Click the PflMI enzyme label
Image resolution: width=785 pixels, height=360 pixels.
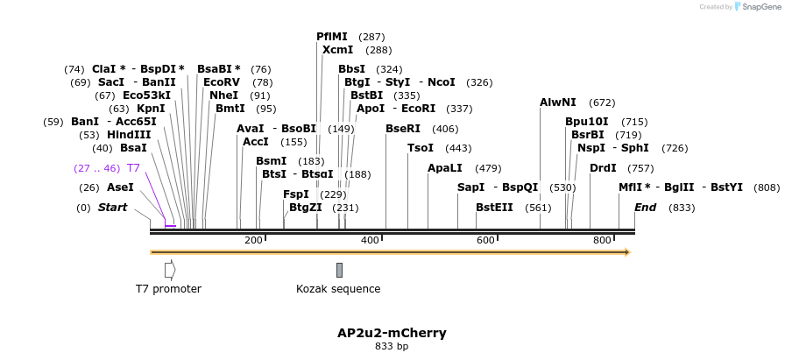(333, 37)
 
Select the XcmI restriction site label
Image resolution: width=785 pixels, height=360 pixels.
(337, 50)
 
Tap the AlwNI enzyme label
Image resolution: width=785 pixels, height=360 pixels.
(558, 102)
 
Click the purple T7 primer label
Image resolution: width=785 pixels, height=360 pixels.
(133, 167)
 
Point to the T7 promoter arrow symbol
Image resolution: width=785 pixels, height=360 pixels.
(170, 270)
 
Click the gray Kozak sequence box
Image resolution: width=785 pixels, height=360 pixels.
(339, 270)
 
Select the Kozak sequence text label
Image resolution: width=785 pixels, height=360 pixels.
(338, 289)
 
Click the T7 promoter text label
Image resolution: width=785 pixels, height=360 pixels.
(168, 289)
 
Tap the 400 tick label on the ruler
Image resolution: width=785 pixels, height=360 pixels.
(370, 240)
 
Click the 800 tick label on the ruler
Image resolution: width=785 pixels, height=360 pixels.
(602, 240)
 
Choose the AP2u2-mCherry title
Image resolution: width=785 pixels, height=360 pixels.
(392, 333)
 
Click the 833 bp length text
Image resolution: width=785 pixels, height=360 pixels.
(392, 347)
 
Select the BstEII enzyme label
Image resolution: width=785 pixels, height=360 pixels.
(494, 208)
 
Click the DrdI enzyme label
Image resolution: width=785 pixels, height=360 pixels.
(603, 167)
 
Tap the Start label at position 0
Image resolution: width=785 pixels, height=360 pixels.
(112, 208)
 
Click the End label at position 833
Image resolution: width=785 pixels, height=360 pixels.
(645, 208)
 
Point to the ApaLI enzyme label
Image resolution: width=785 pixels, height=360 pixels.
(444, 167)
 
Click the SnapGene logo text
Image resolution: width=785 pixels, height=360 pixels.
(760, 7)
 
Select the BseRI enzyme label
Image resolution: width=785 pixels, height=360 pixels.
(403, 128)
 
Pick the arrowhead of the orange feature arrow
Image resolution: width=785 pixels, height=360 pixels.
(626, 252)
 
